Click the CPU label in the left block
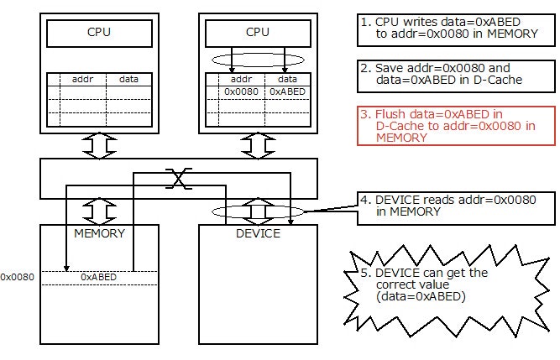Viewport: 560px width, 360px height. click(x=98, y=34)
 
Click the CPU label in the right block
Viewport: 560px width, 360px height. click(x=258, y=34)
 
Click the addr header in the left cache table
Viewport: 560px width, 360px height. click(x=82, y=78)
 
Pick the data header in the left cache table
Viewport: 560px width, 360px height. click(x=128, y=78)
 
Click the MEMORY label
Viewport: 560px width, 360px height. click(x=99, y=233)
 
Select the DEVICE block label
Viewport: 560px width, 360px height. click(x=258, y=233)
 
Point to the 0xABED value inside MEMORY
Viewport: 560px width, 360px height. click(x=99, y=276)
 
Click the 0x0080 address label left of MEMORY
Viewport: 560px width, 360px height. click(x=17, y=276)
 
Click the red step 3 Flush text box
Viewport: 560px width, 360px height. click(x=453, y=126)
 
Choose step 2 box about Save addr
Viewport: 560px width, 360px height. click(x=453, y=74)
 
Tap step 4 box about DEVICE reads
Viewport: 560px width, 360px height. click(x=453, y=206)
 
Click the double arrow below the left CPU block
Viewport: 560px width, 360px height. click(x=98, y=144)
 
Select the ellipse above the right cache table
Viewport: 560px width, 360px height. click(x=258, y=60)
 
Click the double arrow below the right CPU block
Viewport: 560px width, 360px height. click(x=258, y=144)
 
